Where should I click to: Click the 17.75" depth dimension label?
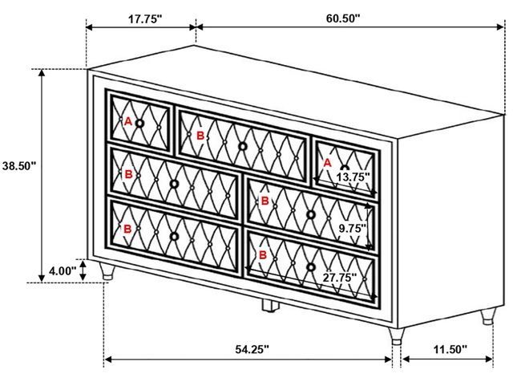pyautogui.click(x=144, y=19)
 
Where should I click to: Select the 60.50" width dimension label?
pyautogui.click(x=342, y=18)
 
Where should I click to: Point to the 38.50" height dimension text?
pyautogui.click(x=19, y=165)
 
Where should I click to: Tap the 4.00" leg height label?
pyautogui.click(x=63, y=271)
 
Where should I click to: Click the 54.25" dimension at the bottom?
pyautogui.click(x=252, y=349)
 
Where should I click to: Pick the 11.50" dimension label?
pyautogui.click(x=450, y=349)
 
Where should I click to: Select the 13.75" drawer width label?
pyautogui.click(x=353, y=177)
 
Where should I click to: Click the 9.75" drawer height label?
pyautogui.click(x=352, y=228)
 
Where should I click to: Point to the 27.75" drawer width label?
pyautogui.click(x=340, y=278)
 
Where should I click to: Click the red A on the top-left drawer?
pyautogui.click(x=128, y=122)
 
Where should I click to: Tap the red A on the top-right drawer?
pyautogui.click(x=327, y=163)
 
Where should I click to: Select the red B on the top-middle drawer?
pyautogui.click(x=200, y=136)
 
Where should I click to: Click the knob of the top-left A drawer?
pyautogui.click(x=139, y=124)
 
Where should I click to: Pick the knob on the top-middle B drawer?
pyautogui.click(x=242, y=146)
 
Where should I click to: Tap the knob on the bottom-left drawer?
pyautogui.click(x=175, y=236)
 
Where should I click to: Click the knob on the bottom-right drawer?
pyautogui.click(x=311, y=267)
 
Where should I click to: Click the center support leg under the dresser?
pyautogui.click(x=271, y=305)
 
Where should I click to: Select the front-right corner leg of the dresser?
pyautogui.click(x=397, y=336)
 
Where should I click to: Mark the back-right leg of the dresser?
pyautogui.click(x=488, y=315)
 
